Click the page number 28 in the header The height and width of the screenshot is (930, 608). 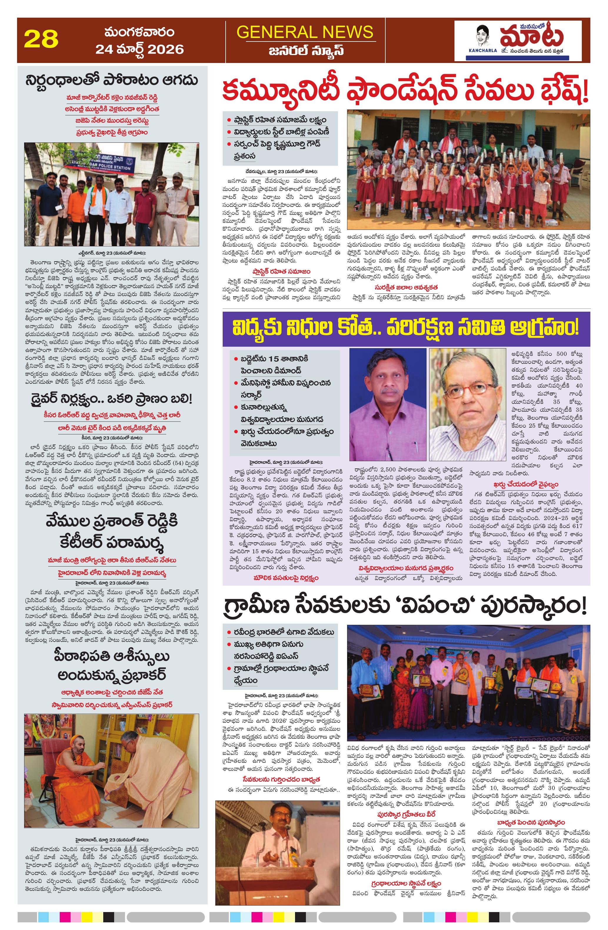tap(41, 39)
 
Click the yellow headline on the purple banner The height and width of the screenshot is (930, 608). tap(406, 328)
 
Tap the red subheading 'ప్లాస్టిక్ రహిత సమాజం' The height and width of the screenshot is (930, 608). tap(281, 271)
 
